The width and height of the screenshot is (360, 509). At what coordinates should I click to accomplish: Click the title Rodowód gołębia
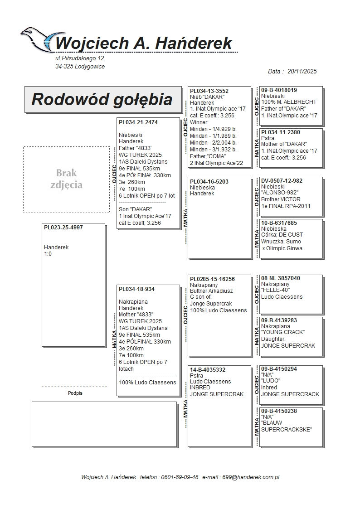(x=102, y=99)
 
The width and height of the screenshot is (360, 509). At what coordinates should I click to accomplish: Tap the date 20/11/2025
(x=302, y=71)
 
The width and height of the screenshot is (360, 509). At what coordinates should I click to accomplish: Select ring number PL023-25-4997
(x=63, y=228)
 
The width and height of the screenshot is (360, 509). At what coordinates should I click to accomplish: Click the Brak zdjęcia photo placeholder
(x=66, y=179)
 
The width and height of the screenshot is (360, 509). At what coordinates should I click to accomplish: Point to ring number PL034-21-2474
(x=138, y=122)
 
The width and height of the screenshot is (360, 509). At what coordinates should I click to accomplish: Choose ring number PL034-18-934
(x=136, y=289)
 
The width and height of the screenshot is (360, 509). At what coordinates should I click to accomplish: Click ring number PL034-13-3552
(x=209, y=91)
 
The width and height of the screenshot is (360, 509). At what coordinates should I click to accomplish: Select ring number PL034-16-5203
(x=209, y=182)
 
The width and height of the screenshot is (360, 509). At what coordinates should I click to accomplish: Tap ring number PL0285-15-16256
(x=212, y=279)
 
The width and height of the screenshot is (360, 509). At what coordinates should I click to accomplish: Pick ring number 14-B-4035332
(x=208, y=370)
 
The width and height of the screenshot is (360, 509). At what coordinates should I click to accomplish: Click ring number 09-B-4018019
(x=279, y=90)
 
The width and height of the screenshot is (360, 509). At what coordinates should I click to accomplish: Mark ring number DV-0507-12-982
(x=282, y=181)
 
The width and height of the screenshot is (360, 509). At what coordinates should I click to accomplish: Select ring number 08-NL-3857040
(x=281, y=278)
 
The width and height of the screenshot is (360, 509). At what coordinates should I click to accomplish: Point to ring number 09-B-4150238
(x=279, y=411)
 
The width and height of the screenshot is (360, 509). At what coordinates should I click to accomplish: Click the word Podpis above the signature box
(x=75, y=393)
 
